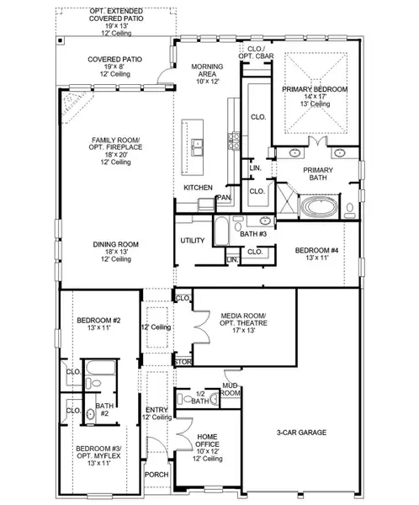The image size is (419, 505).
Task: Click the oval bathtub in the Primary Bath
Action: [x=321, y=206]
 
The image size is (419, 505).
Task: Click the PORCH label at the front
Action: [x=156, y=474]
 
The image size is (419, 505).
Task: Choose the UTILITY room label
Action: [x=192, y=241]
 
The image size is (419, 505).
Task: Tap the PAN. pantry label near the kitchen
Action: [x=225, y=198]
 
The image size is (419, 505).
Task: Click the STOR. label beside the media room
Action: [x=183, y=362]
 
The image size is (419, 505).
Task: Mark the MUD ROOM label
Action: [x=231, y=389]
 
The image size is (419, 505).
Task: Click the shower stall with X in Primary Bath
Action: [x=286, y=204]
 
